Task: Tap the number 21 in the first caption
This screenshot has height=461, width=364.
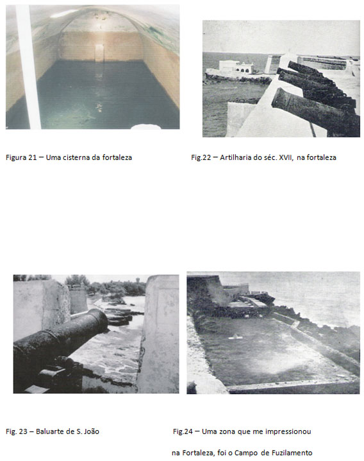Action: point(32,157)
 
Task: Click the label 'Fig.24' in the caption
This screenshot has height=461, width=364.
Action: point(183,431)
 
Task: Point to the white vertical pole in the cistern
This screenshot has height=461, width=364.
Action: point(28,67)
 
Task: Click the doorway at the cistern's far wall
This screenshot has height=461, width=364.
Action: point(99,53)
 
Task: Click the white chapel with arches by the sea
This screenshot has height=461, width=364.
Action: point(236,67)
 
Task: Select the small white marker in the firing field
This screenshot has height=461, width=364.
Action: point(235,337)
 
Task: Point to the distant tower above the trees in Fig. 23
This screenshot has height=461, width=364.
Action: point(138,279)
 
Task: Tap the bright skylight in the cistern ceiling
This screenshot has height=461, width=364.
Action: point(63,13)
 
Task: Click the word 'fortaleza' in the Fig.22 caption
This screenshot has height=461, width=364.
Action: point(322,157)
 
